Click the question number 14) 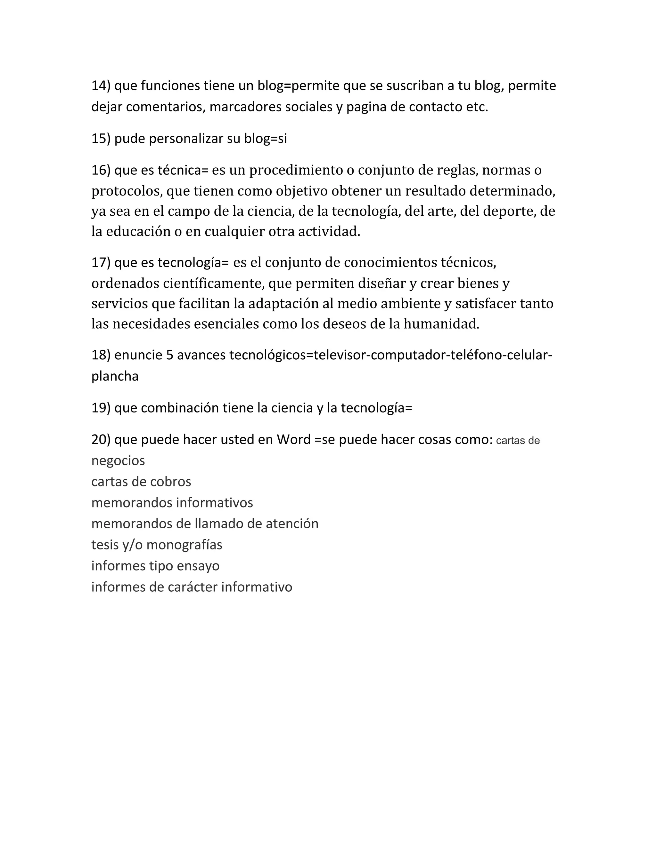101,86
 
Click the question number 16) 101,170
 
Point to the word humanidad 441,324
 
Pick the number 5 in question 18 169,355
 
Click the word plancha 115,376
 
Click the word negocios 118,461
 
